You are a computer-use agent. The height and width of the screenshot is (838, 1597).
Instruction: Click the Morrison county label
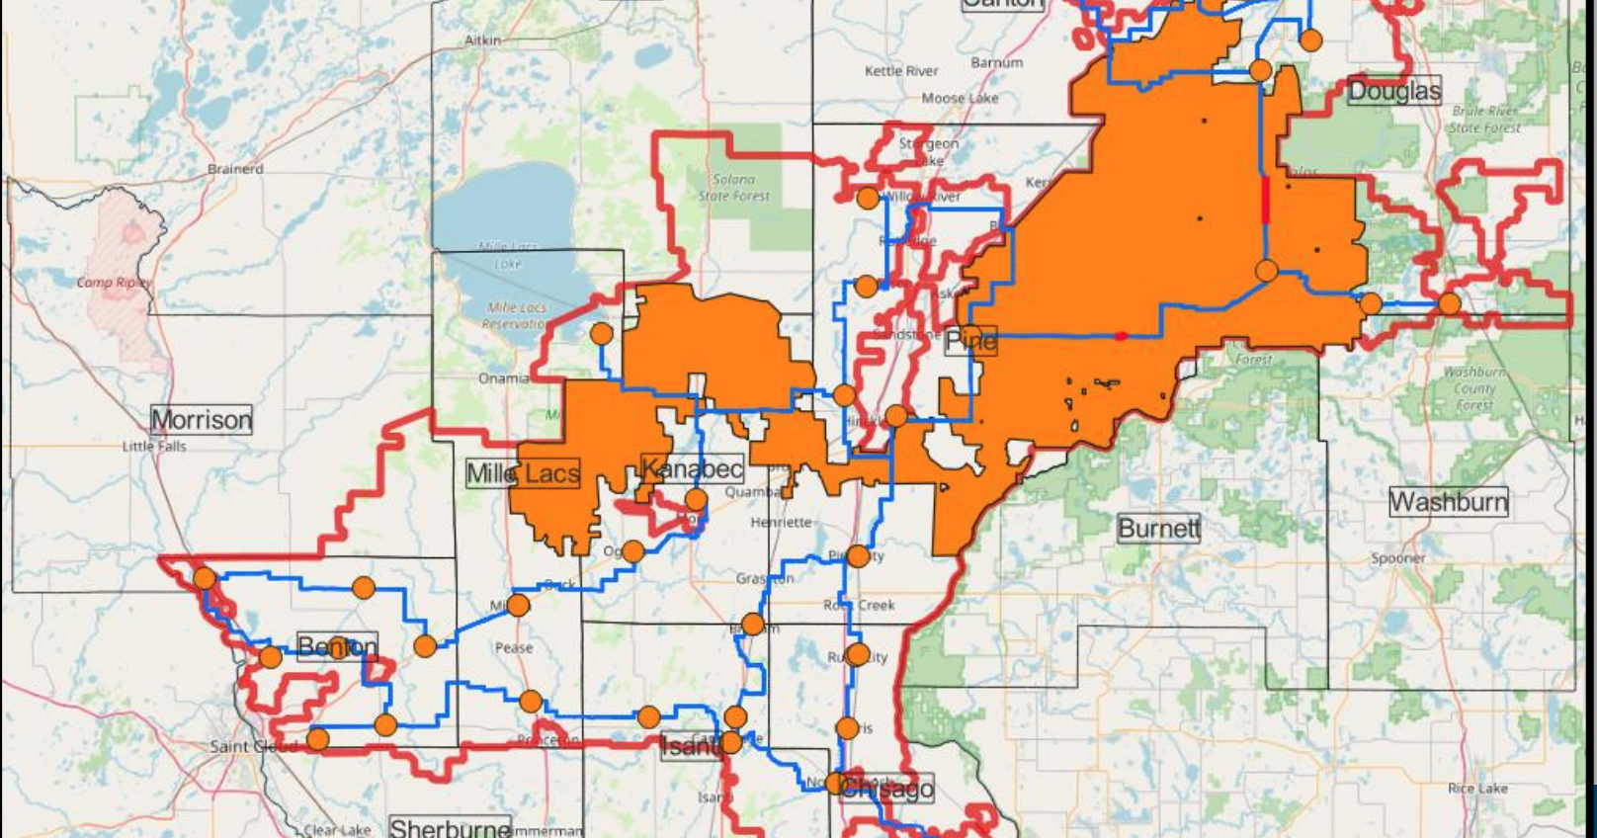click(202, 420)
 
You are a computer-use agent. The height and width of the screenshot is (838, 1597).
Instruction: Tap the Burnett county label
click(1158, 529)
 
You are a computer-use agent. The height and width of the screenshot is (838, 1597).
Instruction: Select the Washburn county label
click(1449, 502)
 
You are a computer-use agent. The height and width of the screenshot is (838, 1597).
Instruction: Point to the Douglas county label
click(1393, 92)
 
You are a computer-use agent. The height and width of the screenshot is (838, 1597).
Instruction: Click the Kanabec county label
click(692, 468)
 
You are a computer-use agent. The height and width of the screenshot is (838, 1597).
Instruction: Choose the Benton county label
click(337, 647)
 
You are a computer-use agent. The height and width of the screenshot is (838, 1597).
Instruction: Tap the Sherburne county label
click(450, 827)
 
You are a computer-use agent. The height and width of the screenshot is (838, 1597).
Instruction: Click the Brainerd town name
click(235, 169)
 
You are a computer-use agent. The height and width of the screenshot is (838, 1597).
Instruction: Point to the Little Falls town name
click(154, 447)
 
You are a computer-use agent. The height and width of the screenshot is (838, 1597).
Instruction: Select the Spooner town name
click(1397, 558)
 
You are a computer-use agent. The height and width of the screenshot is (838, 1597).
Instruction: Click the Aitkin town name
click(483, 41)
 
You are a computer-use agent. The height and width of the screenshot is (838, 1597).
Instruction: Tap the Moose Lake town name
click(960, 99)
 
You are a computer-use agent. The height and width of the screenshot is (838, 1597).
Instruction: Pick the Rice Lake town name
click(1477, 789)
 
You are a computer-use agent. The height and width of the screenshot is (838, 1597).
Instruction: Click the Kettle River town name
click(901, 71)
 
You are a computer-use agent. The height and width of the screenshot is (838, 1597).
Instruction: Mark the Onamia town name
click(504, 378)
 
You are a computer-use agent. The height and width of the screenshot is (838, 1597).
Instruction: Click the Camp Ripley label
click(114, 283)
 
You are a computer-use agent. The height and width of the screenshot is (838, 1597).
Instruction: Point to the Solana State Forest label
click(734, 188)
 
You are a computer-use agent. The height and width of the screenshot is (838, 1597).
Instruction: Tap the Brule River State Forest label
click(1485, 120)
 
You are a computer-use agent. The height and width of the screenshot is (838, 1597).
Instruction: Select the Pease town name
click(514, 648)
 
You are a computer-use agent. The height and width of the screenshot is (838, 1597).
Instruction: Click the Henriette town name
click(781, 522)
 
